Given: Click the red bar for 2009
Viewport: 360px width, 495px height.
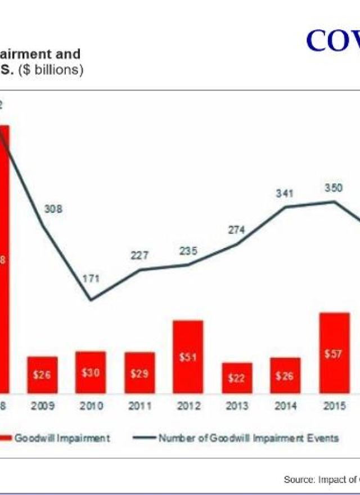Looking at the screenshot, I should [x=42, y=374].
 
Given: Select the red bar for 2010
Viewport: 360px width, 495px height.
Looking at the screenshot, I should [x=91, y=372].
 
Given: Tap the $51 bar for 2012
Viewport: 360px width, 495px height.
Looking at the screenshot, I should [x=188, y=356].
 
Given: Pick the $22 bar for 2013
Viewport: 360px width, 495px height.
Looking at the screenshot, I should [x=236, y=377].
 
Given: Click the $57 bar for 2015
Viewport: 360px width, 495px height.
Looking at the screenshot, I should [x=334, y=352].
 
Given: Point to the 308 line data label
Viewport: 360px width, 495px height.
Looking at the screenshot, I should [x=53, y=209].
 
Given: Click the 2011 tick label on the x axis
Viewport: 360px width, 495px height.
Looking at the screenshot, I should [x=139, y=406].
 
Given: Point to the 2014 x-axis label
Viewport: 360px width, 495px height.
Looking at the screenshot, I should [x=285, y=406].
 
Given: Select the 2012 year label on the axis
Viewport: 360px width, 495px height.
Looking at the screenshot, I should [x=188, y=406].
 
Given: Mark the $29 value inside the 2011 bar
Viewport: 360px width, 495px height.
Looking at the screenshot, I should [x=139, y=373].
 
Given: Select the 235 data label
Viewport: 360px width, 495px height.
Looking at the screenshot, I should [x=188, y=251].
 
